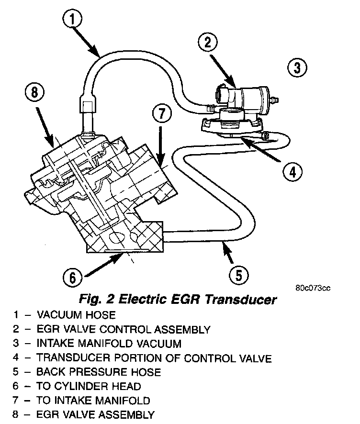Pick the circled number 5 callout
click(238, 275)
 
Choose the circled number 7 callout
click(161, 114)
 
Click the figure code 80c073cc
click(313, 288)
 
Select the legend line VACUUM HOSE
click(76, 315)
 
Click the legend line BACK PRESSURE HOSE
click(99, 372)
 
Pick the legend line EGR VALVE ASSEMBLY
click(96, 414)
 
